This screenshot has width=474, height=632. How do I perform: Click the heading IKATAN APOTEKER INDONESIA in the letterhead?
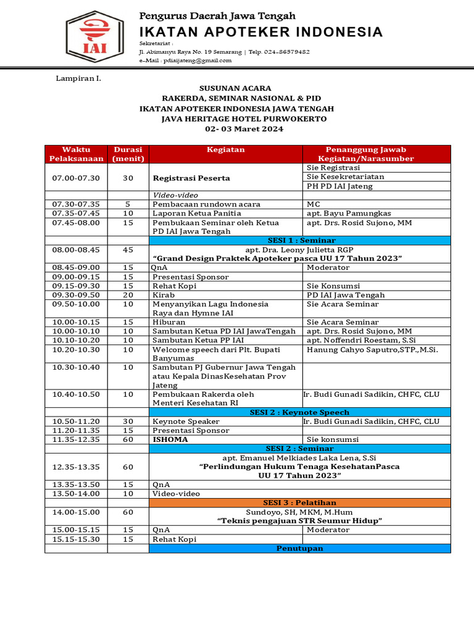[261, 32]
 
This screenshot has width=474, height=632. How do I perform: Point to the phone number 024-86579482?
[288, 52]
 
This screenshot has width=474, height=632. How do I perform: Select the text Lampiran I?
[78, 79]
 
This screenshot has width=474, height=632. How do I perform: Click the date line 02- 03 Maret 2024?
[244, 129]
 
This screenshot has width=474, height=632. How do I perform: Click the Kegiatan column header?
[225, 150]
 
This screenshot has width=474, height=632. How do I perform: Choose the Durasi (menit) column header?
[128, 154]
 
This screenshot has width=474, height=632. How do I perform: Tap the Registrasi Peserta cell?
[191, 178]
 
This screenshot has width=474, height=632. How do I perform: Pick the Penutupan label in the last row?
[299, 548]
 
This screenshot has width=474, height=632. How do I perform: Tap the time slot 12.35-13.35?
[76, 467]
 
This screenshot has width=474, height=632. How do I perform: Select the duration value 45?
[128, 250]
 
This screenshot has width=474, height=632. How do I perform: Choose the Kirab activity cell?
[163, 295]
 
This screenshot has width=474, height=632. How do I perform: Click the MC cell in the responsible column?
[314, 204]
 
